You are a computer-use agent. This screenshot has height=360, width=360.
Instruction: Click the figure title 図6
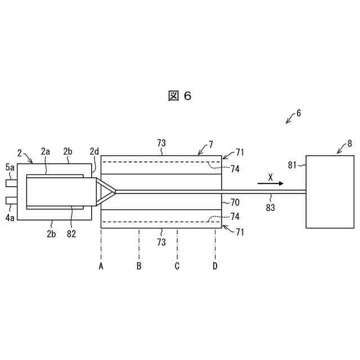pyautogui.click(x=179, y=96)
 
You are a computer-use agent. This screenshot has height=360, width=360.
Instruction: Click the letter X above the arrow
pyautogui.click(x=270, y=176)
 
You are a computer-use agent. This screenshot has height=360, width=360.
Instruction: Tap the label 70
pyautogui.click(x=234, y=201)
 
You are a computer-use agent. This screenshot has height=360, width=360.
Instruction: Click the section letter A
pyautogui.click(x=101, y=265)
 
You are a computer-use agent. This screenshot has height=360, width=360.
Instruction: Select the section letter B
pyautogui.click(x=139, y=265)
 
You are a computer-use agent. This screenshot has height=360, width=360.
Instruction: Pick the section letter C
pyautogui.click(x=177, y=265)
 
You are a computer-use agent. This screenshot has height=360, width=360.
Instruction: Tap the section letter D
pyautogui.click(x=215, y=265)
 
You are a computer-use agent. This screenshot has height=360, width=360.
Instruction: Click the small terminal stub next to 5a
pyautogui.click(x=11, y=182)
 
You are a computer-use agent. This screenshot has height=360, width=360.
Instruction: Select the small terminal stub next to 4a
pyautogui.click(x=11, y=200)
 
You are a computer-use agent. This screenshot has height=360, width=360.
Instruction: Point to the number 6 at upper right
pyautogui.click(x=298, y=113)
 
